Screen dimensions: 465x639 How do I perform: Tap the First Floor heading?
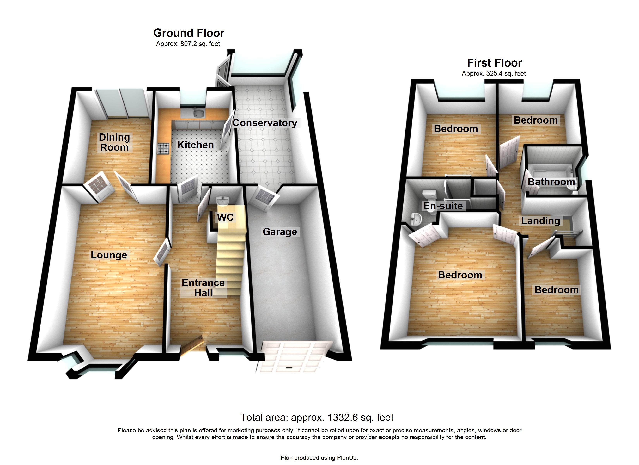tap(495, 63)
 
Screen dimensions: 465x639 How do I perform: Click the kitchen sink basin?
tap(199, 113)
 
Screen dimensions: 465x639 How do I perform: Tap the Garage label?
tap(280, 232)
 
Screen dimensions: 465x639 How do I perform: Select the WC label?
tap(225, 217)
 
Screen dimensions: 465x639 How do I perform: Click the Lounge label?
tap(109, 255)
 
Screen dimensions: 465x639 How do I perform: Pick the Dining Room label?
tap(114, 142)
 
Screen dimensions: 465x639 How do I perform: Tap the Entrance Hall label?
tap(203, 288)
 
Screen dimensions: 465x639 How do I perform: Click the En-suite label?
tap(443, 206)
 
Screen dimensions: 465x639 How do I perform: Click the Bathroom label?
tap(551, 182)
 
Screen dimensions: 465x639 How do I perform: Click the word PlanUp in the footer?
tap(347, 458)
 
